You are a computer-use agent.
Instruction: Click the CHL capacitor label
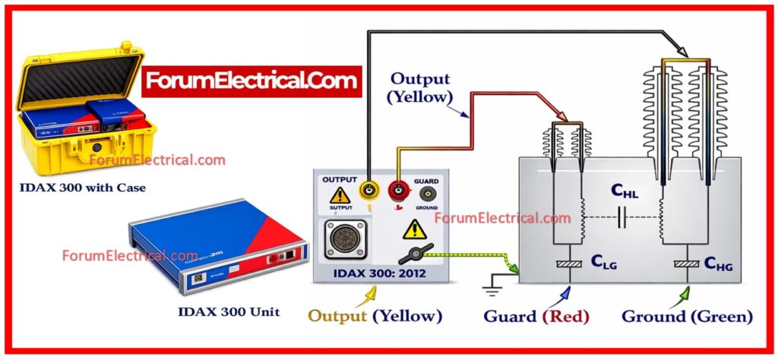tap(625, 193)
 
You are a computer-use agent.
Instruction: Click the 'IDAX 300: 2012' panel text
tap(380, 273)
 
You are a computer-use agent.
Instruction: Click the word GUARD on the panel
tap(425, 182)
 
